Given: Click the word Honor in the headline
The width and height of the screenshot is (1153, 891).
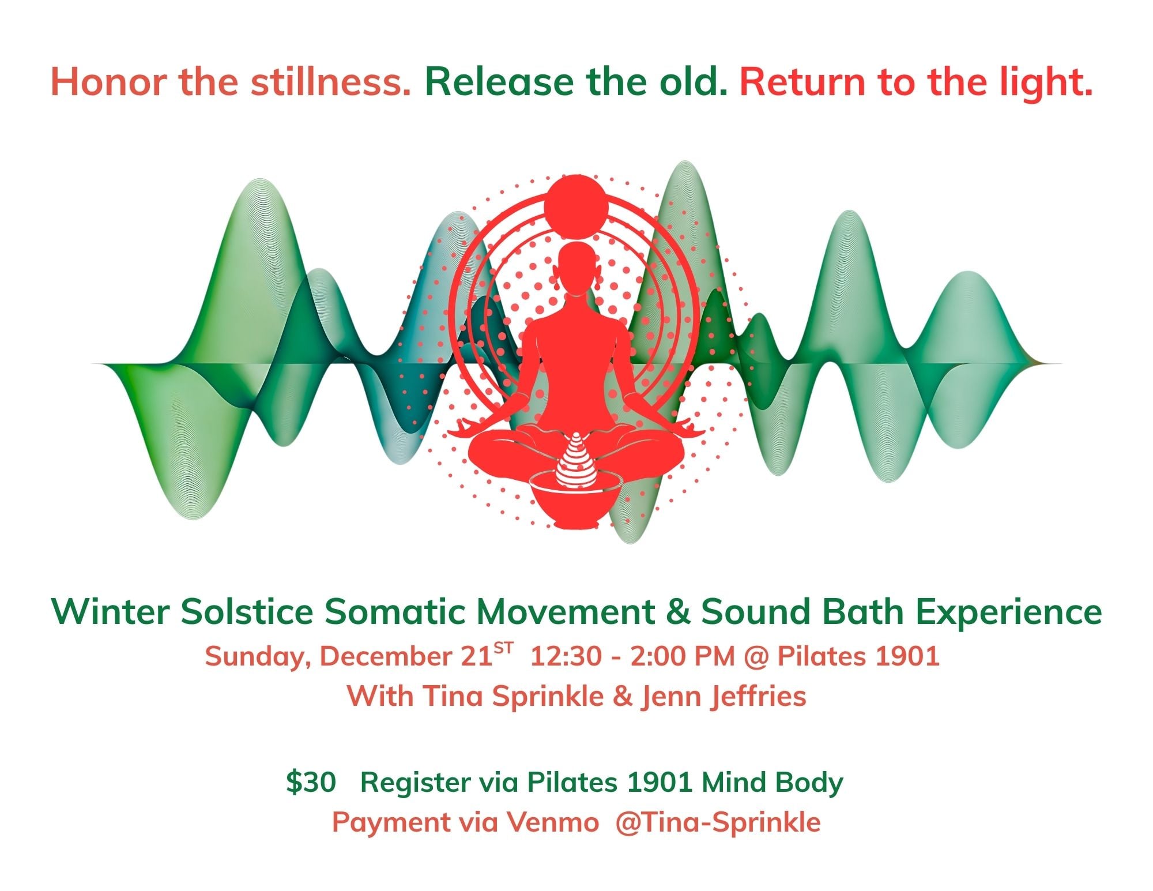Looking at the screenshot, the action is click(111, 81).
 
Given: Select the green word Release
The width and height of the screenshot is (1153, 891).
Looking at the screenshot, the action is click(499, 81).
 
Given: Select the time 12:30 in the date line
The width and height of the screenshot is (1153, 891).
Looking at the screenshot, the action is click(565, 656).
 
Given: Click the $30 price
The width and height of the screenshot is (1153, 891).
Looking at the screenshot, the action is click(311, 783).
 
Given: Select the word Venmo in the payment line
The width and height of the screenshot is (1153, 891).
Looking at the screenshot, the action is click(553, 822).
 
